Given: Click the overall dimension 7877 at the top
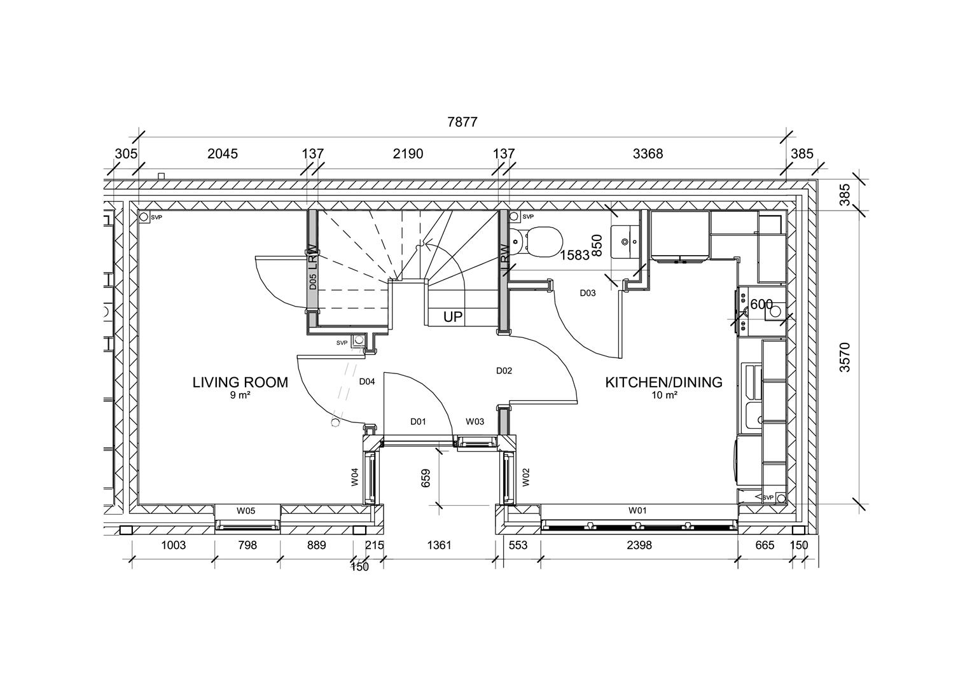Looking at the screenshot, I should pyautogui.click(x=462, y=122).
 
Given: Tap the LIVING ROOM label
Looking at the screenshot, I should pyautogui.click(x=240, y=382).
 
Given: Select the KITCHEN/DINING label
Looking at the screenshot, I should pyautogui.click(x=663, y=382).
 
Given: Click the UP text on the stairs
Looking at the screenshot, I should pyautogui.click(x=453, y=316).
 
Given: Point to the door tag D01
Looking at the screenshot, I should pyautogui.click(x=418, y=421).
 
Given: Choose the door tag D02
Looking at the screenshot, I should pyautogui.click(x=504, y=370).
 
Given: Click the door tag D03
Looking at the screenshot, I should pyautogui.click(x=587, y=293).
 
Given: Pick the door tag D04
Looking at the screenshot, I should pyautogui.click(x=366, y=382).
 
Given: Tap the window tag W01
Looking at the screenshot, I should pyautogui.click(x=637, y=510).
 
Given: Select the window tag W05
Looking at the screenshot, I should pyautogui.click(x=246, y=510).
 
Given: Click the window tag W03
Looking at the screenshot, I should pyautogui.click(x=475, y=421).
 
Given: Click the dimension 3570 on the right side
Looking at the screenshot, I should pyautogui.click(x=844, y=357).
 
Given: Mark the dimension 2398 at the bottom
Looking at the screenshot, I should pyautogui.click(x=639, y=545).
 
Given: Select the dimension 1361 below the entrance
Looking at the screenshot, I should pyautogui.click(x=439, y=545).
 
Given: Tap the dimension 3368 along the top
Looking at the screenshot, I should pyautogui.click(x=648, y=153).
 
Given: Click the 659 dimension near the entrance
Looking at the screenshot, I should pyautogui.click(x=426, y=478).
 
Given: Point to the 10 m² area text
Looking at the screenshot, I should pyautogui.click(x=663, y=395).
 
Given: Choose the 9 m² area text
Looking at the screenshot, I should pyautogui.click(x=240, y=395).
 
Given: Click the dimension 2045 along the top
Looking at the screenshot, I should pyautogui.click(x=223, y=153).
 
